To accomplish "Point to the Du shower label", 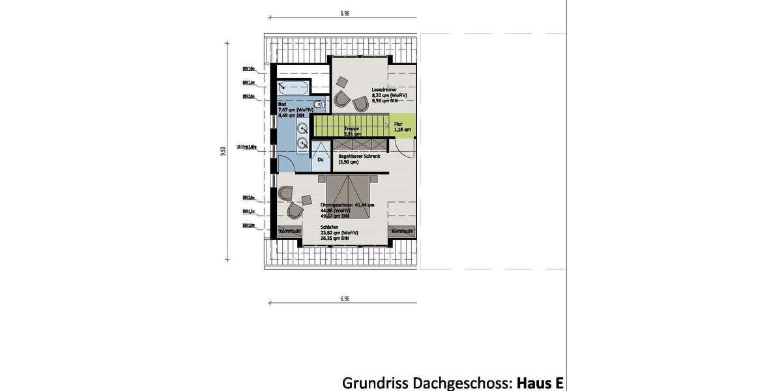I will (x=320, y=159).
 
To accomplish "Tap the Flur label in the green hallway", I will (x=398, y=123).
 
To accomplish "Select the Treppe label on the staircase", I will (x=352, y=128).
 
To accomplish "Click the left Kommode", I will (x=289, y=231).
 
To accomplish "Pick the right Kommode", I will (x=401, y=231).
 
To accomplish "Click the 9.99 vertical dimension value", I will (x=224, y=151).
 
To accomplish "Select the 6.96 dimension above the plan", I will (x=345, y=12).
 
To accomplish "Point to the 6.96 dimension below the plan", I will (x=345, y=298).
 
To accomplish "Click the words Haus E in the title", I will (x=540, y=381).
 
